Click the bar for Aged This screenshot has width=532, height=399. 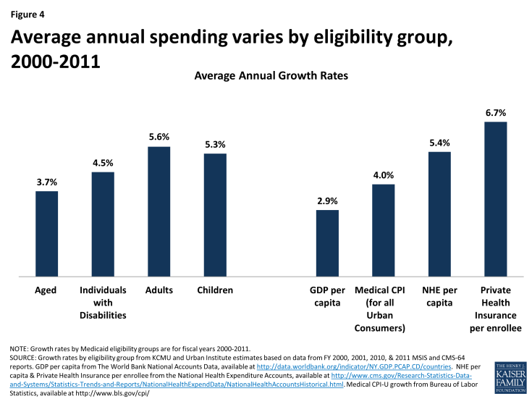[x=46, y=233]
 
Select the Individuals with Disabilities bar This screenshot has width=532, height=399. [x=103, y=224]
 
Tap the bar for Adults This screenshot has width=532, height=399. [x=159, y=211]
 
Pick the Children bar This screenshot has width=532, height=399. [x=215, y=214]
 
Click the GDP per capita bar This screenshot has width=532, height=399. [x=327, y=243]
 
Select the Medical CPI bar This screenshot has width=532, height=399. [x=384, y=230]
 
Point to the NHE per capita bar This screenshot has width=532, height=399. [x=439, y=214]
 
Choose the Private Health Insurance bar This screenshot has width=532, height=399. [x=495, y=199]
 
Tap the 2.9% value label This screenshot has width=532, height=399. [x=327, y=201]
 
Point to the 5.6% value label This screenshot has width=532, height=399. [x=159, y=138]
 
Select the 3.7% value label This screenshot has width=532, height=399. [x=46, y=182]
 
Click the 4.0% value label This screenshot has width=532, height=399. [x=384, y=175]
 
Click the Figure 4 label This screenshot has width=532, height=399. [x=30, y=12]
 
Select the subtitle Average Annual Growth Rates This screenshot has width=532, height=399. [x=265, y=75]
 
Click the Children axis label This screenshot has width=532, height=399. [x=215, y=290]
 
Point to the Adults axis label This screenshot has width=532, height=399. [x=159, y=290]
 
